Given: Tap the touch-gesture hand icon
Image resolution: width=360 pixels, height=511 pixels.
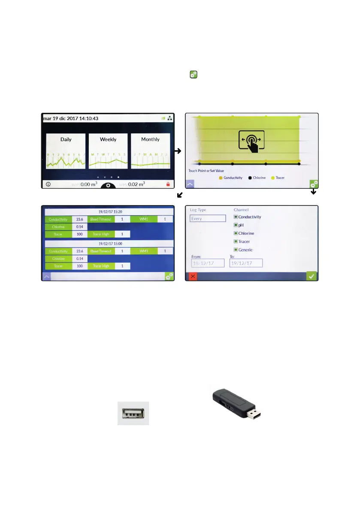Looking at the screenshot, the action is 251,141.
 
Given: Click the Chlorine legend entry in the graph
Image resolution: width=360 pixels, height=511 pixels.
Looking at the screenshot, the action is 257,178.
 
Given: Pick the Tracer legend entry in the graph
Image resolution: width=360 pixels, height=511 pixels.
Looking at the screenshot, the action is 278,178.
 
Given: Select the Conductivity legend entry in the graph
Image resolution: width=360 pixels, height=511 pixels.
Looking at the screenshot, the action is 230,178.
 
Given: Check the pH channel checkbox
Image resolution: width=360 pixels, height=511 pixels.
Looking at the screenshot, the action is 236,225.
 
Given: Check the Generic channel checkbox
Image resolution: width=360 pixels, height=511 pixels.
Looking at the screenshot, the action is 236,249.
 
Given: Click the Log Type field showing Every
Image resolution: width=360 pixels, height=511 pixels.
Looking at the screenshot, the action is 208,218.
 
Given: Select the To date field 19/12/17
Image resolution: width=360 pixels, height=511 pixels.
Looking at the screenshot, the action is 246,263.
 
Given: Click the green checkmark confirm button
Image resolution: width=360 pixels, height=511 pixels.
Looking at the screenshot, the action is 312,276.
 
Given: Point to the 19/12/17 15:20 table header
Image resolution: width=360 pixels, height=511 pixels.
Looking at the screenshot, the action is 109,212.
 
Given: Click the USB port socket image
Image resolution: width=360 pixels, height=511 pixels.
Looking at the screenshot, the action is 133,413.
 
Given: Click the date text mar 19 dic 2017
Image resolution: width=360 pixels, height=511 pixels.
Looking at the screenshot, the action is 62,118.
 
